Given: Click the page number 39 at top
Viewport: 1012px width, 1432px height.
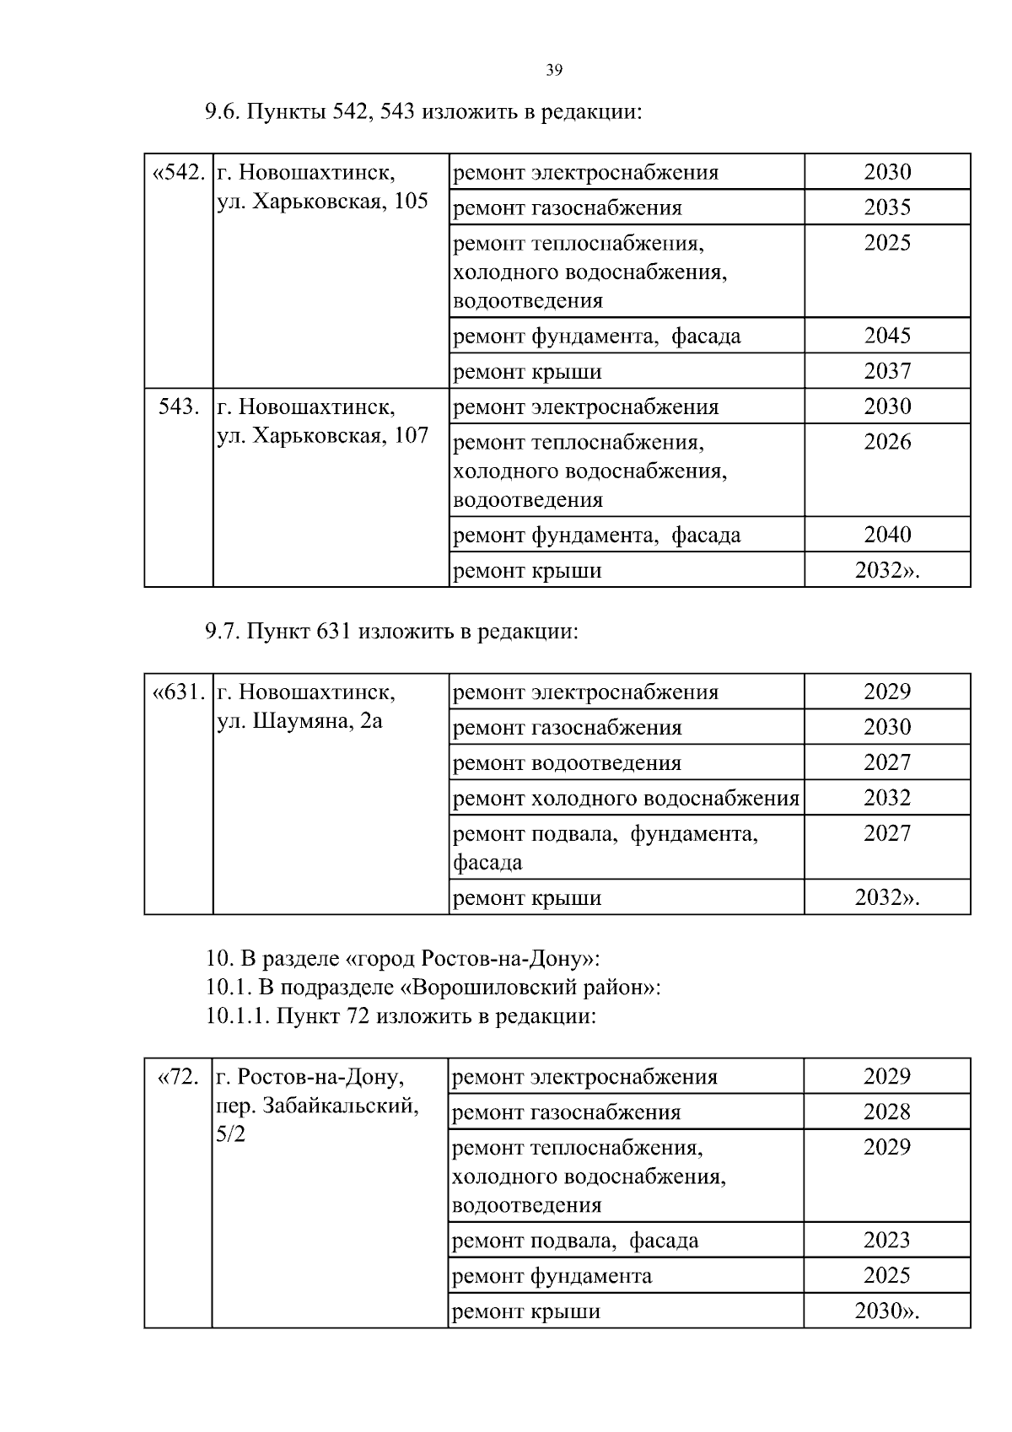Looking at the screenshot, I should [x=554, y=71].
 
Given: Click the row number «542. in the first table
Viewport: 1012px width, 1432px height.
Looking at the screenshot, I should [x=178, y=173].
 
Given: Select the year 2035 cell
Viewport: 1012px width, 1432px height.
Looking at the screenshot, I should [x=887, y=207].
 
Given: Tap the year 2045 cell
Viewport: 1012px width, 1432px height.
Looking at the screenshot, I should [x=887, y=336].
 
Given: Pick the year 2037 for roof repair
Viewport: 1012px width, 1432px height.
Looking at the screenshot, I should [x=887, y=371].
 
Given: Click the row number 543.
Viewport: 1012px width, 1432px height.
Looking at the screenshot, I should [x=179, y=407].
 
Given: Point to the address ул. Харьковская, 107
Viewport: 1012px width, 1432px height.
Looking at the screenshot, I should [x=322, y=436].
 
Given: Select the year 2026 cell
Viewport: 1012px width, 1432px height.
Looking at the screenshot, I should [x=887, y=443].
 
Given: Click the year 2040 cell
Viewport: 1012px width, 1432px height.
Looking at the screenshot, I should [x=887, y=535].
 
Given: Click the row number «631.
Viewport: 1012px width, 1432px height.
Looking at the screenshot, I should [x=178, y=692].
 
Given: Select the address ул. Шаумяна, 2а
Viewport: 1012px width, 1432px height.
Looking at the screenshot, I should [x=299, y=721].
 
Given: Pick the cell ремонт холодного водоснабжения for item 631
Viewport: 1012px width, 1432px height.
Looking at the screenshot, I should [x=626, y=798].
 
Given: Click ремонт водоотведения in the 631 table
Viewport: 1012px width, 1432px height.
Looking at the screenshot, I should [x=567, y=763].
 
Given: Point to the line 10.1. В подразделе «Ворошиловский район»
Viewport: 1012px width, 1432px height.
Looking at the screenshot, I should [x=433, y=988].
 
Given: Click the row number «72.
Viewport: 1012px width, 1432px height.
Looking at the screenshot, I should [x=179, y=1077].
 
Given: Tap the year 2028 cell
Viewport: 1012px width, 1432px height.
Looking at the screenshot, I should [x=887, y=1112].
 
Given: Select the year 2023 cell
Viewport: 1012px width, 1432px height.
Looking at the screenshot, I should [x=887, y=1241].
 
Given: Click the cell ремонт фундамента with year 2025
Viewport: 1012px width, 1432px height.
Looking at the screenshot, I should [x=552, y=1276].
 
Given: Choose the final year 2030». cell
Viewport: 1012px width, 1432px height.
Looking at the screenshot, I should [x=887, y=1311].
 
